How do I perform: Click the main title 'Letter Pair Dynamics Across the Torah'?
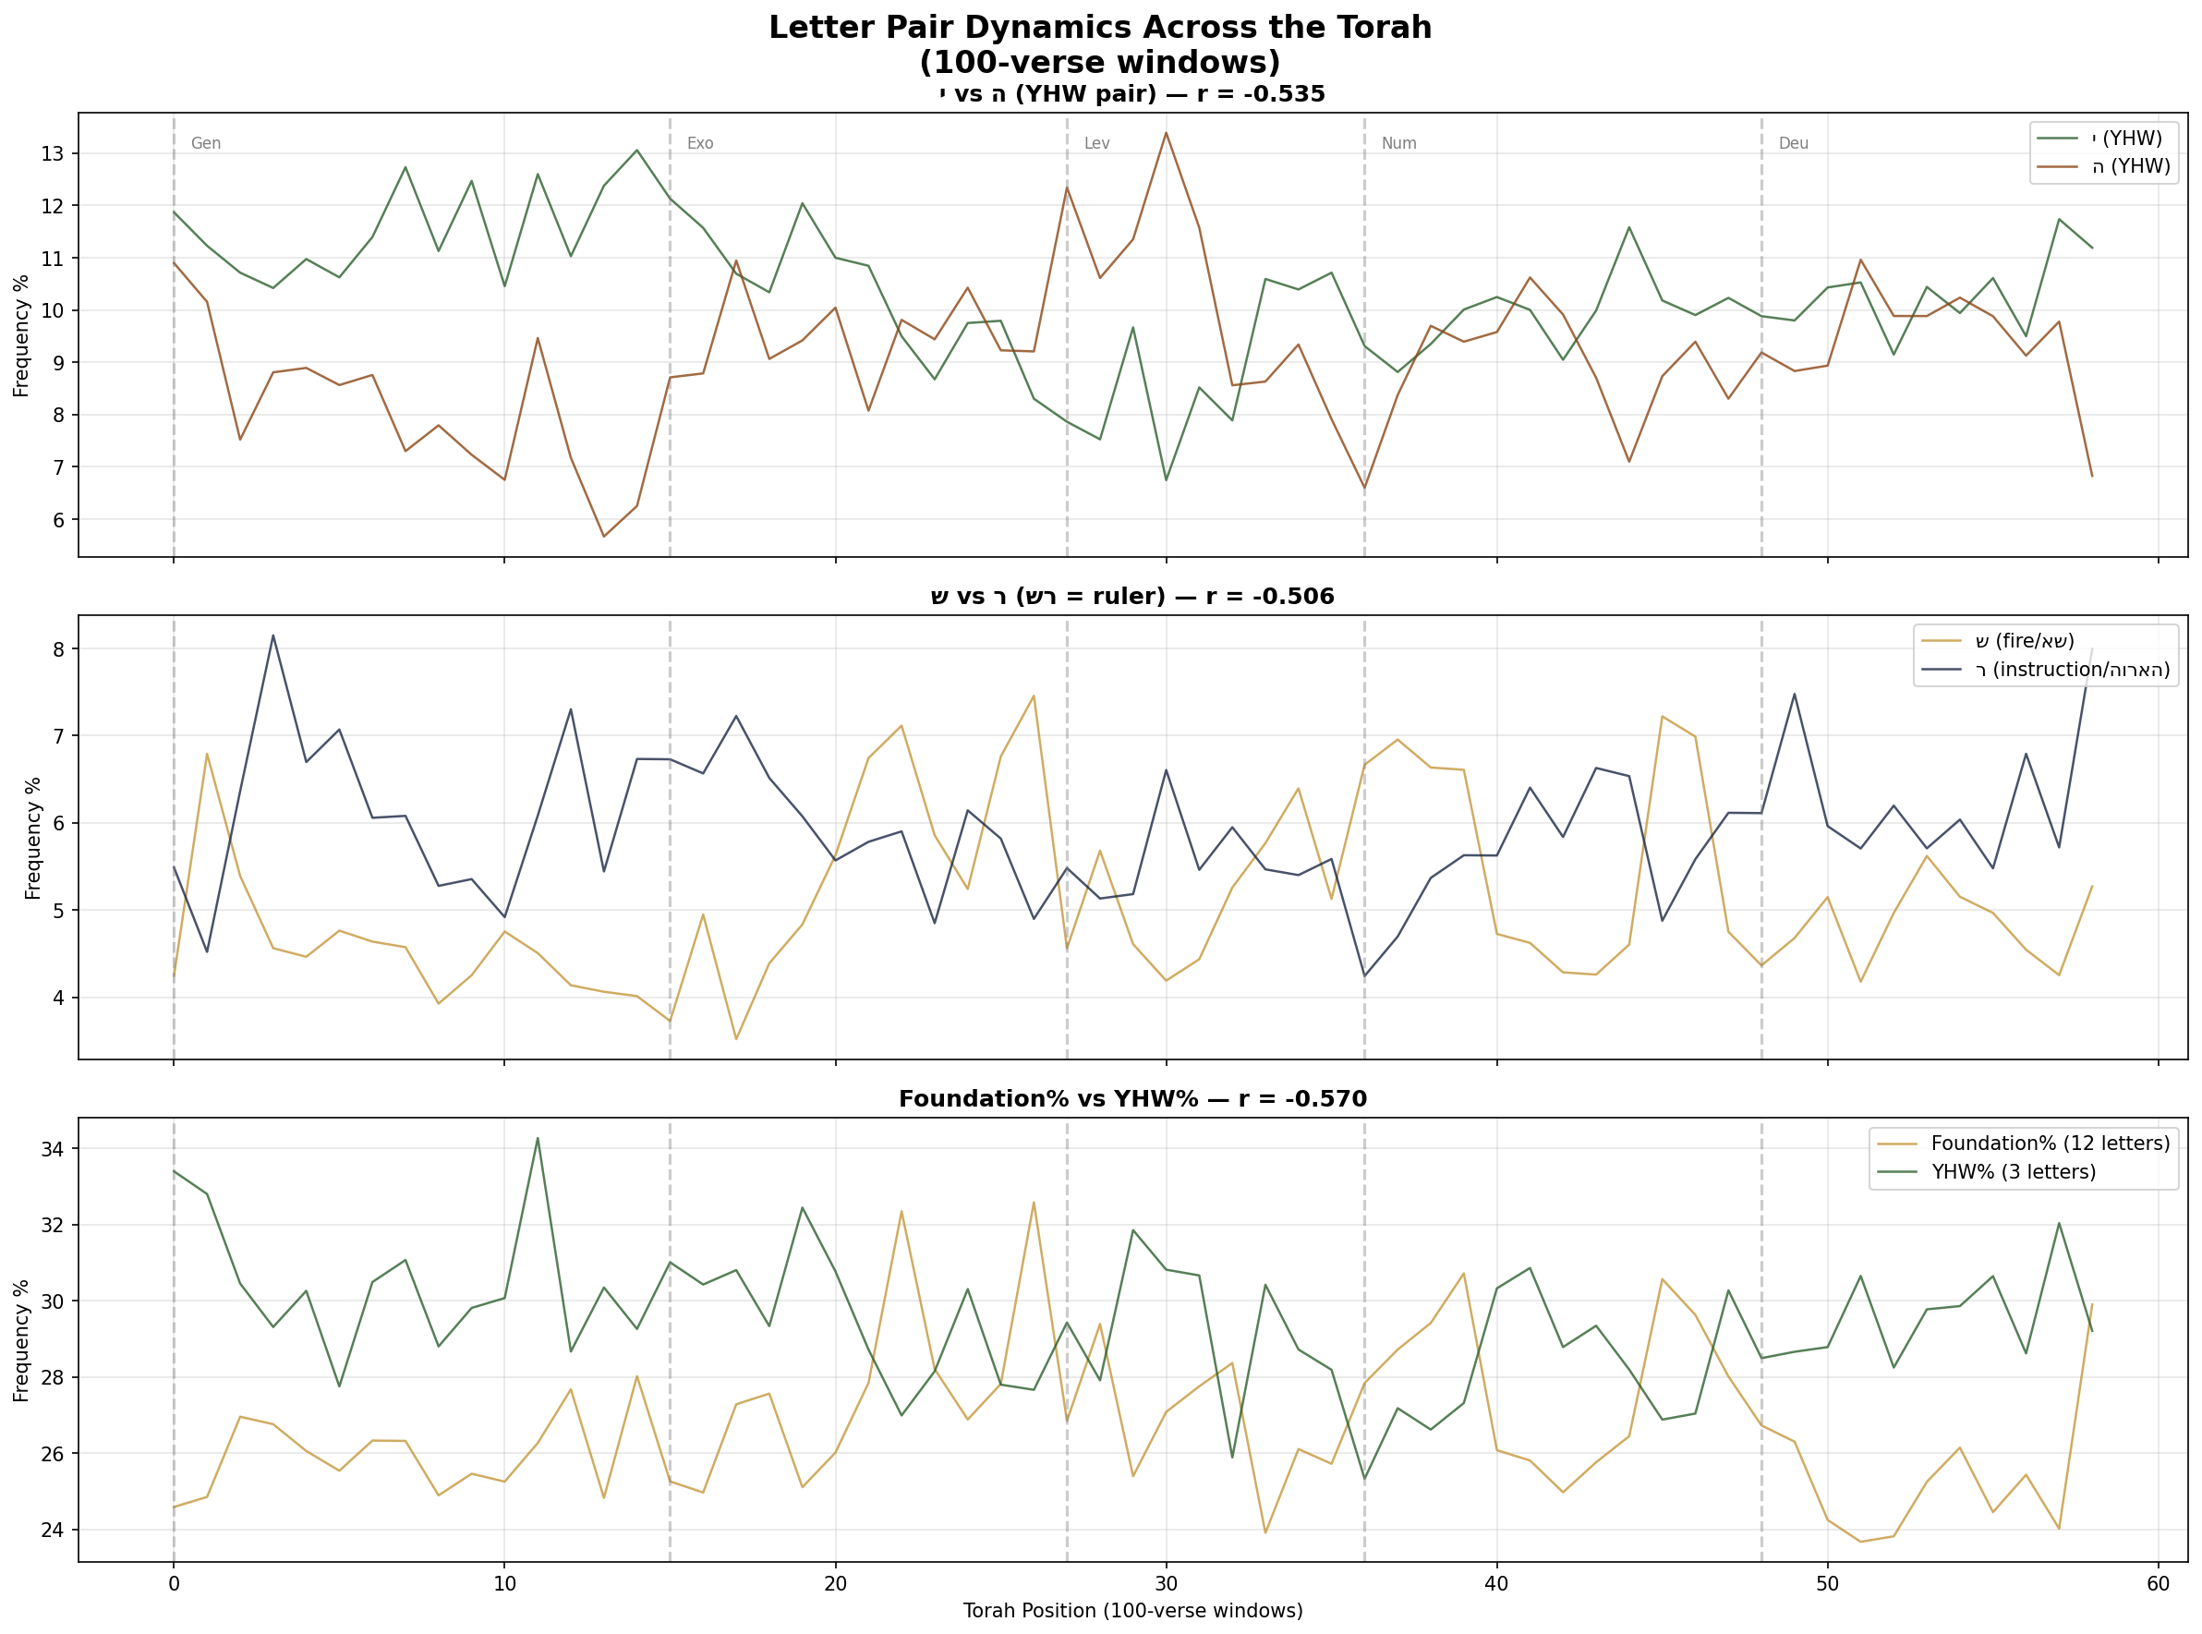point(1100,28)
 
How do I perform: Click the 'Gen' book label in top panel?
point(206,143)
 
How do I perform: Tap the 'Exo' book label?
point(700,143)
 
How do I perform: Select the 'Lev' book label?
point(1097,143)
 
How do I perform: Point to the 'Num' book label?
point(1398,143)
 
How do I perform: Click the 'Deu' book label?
point(1794,143)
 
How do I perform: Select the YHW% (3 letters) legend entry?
point(2013,1172)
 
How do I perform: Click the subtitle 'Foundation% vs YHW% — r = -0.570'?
point(1132,1099)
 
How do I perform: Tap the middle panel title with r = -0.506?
point(1132,597)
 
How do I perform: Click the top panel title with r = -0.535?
point(1132,94)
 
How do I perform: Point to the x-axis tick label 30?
point(1167,1583)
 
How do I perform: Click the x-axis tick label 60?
point(2158,1583)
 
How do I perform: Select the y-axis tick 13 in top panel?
point(53,153)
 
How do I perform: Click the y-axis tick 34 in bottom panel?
point(53,1149)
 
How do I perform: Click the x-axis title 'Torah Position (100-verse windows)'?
point(1132,1611)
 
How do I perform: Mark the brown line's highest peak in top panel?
point(1167,132)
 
